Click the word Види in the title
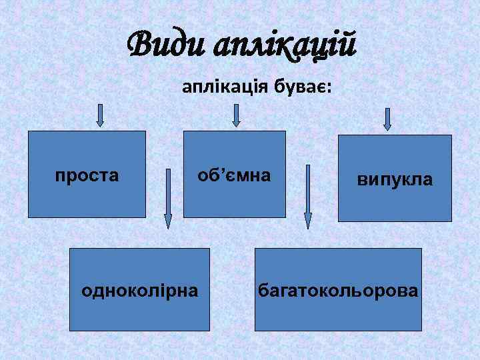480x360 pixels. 168,45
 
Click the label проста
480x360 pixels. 87,176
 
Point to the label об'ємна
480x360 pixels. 234,176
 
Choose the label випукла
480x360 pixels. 395,179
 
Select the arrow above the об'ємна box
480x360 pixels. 236,115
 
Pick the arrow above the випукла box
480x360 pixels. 387,119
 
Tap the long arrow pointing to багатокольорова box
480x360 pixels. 308,197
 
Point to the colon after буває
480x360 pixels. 331,89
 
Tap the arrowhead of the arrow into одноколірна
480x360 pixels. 168,223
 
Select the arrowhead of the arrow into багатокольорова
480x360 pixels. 308,223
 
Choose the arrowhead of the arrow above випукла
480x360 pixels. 387,127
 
